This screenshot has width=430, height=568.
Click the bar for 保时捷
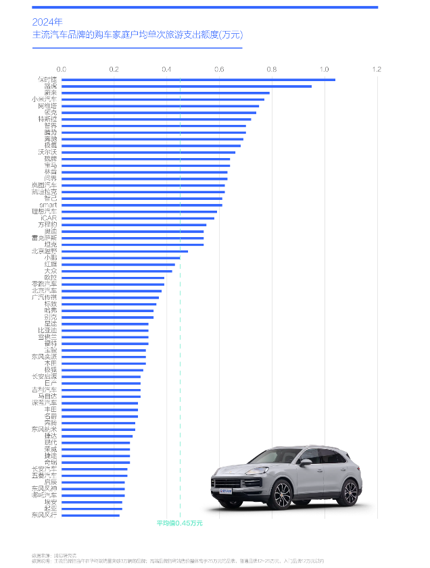tap(198, 80)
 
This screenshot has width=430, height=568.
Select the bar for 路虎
tap(187, 86)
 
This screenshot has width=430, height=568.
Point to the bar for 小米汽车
tap(162, 99)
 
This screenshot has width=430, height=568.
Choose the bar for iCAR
tap(138, 218)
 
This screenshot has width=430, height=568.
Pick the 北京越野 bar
tap(124, 251)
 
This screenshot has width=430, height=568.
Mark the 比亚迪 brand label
tap(47, 330)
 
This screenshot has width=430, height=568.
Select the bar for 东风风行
tap(91, 515)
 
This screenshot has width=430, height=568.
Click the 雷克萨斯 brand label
tap(45, 238)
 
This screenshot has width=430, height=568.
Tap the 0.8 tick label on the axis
tap(272, 69)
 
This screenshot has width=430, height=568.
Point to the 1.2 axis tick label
tap(377, 69)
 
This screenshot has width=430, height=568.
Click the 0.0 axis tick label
tap(62, 69)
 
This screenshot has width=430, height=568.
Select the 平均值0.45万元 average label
tap(180, 523)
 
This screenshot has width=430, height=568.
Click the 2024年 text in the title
tap(47, 21)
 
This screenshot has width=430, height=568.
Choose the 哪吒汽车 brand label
tap(45, 495)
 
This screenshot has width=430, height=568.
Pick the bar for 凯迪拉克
tap(143, 192)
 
